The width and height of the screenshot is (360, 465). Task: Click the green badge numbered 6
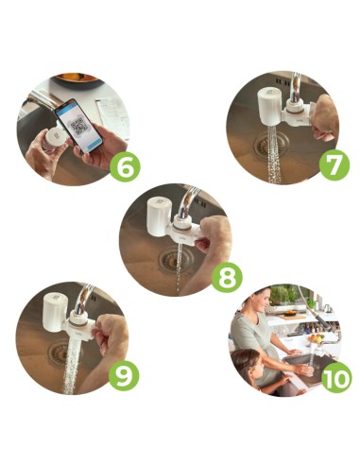click(125, 167)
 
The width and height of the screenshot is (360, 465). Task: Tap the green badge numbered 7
click(334, 165)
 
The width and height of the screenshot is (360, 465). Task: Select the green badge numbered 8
click(227, 278)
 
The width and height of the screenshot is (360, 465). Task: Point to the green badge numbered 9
click(124, 376)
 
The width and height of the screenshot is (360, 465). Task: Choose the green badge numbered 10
click(336, 377)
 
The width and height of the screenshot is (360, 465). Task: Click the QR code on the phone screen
click(77, 127)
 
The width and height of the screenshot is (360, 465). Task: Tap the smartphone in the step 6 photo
click(79, 126)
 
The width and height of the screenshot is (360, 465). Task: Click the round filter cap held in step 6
click(56, 139)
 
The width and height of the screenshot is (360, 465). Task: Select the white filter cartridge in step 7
click(269, 107)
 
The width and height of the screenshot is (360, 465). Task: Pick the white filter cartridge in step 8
click(160, 216)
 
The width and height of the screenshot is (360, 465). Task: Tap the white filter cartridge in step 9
click(55, 312)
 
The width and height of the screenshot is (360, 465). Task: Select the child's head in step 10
click(247, 362)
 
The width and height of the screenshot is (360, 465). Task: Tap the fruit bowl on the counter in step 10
click(316, 338)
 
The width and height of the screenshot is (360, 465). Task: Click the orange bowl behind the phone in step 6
click(77, 79)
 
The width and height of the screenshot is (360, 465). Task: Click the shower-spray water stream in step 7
click(274, 154)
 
